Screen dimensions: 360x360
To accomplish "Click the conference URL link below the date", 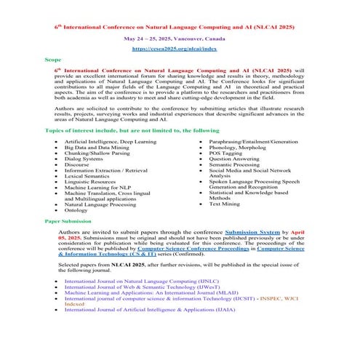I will click(179, 48).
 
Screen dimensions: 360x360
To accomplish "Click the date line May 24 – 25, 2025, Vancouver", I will click(179, 36).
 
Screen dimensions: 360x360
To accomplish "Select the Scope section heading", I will click(53, 60).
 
